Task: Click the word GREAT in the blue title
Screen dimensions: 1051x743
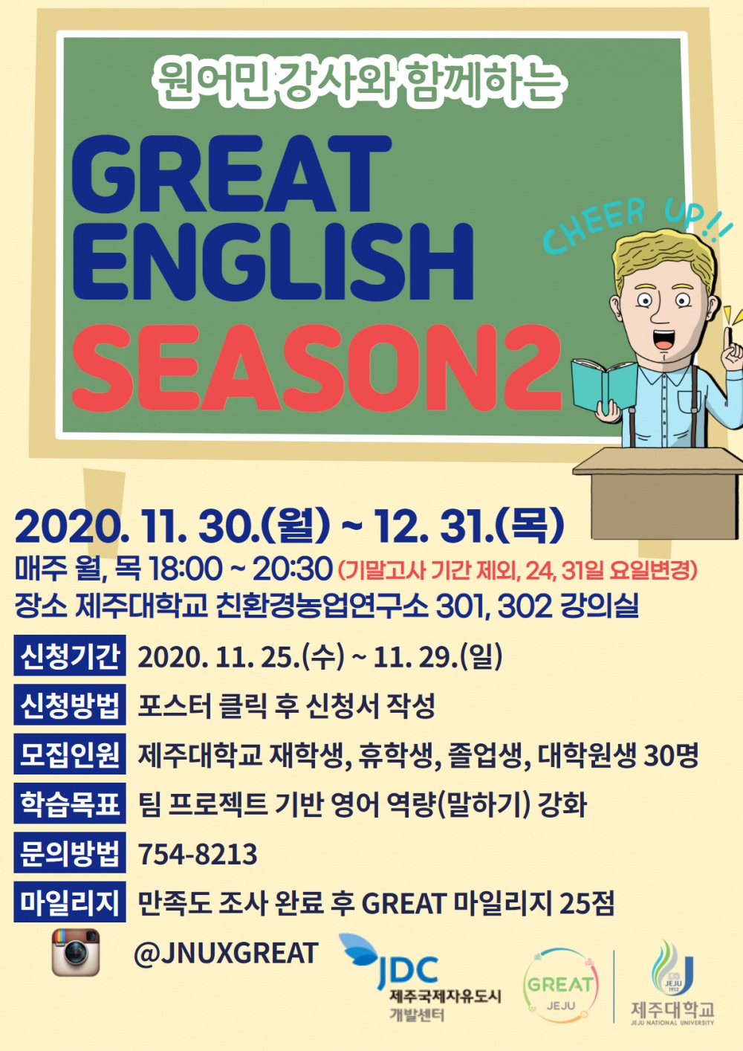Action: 230,176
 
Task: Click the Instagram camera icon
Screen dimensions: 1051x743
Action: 75,952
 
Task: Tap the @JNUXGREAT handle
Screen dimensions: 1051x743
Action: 226,953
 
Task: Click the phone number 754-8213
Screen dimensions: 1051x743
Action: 198,855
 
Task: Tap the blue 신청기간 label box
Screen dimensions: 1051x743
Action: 70,656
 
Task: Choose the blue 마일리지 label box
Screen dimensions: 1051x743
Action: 70,903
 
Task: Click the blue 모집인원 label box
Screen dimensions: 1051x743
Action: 70,754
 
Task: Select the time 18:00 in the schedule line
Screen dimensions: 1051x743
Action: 185,569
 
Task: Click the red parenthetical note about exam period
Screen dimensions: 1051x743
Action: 518,571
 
